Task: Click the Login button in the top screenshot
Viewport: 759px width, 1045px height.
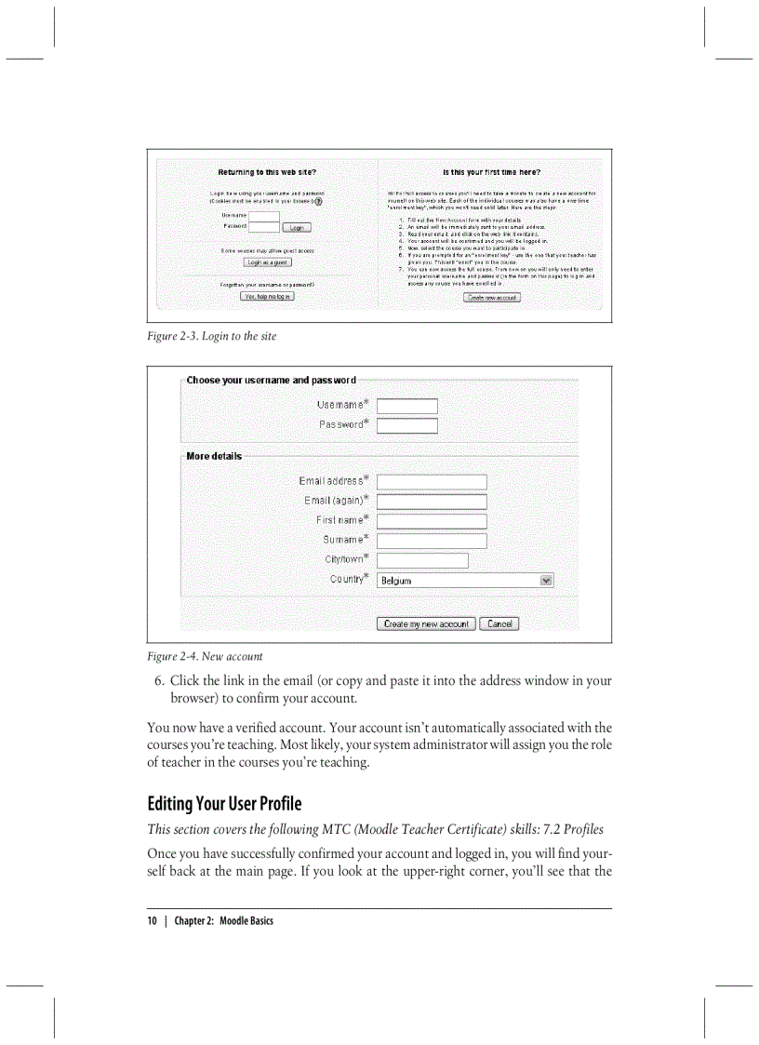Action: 297,227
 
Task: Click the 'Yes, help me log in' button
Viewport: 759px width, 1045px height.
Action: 267,296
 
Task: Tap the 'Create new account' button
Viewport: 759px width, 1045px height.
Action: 492,297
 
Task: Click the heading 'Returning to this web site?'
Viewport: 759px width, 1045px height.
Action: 267,172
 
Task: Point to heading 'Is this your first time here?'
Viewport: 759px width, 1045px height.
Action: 491,172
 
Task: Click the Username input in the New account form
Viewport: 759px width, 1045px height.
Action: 406,406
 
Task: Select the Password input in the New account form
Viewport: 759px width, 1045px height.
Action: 406,425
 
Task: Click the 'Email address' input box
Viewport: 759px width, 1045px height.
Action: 432,482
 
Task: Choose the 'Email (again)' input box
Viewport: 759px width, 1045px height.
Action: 432,502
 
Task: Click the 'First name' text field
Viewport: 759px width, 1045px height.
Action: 432,521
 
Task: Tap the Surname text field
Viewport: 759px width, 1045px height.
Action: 432,541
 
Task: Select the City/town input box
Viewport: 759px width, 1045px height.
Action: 422,560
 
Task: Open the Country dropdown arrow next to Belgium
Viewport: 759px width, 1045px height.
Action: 546,580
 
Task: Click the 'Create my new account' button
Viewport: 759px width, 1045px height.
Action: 426,623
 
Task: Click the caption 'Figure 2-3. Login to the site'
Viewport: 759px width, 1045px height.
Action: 211,336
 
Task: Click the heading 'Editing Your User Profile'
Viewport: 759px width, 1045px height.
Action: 224,803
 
